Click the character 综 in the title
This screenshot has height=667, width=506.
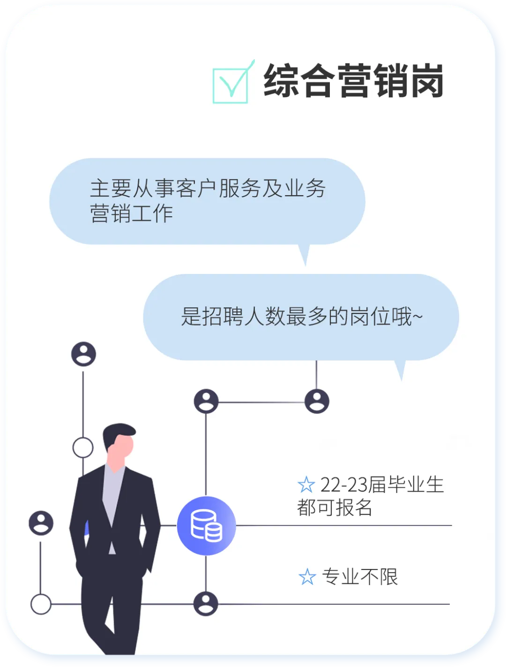[x=281, y=81]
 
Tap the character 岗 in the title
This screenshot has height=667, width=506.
[x=425, y=81]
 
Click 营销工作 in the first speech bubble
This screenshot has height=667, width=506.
[x=132, y=213]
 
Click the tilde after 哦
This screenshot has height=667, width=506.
[x=417, y=317]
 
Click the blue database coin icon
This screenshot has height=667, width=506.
[x=206, y=525]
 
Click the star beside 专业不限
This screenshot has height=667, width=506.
[x=307, y=577]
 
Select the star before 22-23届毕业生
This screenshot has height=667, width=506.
[x=306, y=485]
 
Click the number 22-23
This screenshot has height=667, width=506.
[x=343, y=485]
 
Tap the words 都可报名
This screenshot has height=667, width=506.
[x=335, y=508]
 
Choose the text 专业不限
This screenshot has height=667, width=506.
[x=360, y=576]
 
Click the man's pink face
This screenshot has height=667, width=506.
[x=122, y=448]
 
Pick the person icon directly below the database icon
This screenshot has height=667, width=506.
[x=206, y=603]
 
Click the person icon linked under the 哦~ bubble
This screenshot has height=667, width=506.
[x=317, y=401]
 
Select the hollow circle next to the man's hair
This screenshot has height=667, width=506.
[x=83, y=447]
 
